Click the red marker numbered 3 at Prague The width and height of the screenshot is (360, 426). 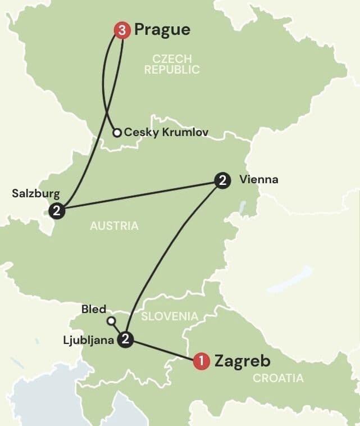click(x=122, y=30)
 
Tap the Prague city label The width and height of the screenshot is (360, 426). click(x=162, y=29)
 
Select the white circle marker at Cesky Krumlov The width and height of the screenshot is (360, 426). click(x=117, y=133)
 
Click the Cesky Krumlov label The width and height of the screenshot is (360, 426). click(x=166, y=133)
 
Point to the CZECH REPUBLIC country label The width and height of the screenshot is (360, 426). click(x=172, y=64)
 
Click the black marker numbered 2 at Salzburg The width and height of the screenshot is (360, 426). click(x=57, y=211)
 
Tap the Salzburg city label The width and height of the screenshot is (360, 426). click(x=35, y=193)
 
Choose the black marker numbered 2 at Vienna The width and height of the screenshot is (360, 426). click(x=222, y=181)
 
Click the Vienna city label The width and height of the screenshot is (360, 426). click(x=258, y=180)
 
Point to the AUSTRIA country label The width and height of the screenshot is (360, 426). click(x=114, y=226)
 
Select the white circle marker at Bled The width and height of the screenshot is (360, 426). click(x=111, y=321)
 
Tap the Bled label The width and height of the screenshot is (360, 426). click(x=94, y=309)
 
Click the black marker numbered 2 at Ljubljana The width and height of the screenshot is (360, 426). click(x=126, y=339)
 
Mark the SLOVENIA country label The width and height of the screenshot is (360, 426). click(x=170, y=316)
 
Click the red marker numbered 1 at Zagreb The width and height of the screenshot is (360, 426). click(x=201, y=361)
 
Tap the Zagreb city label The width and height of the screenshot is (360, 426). click(x=242, y=361)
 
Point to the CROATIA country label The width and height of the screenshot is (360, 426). click(x=278, y=378)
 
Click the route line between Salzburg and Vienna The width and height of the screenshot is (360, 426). click(x=140, y=196)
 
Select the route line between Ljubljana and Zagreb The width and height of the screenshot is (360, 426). click(x=163, y=350)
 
